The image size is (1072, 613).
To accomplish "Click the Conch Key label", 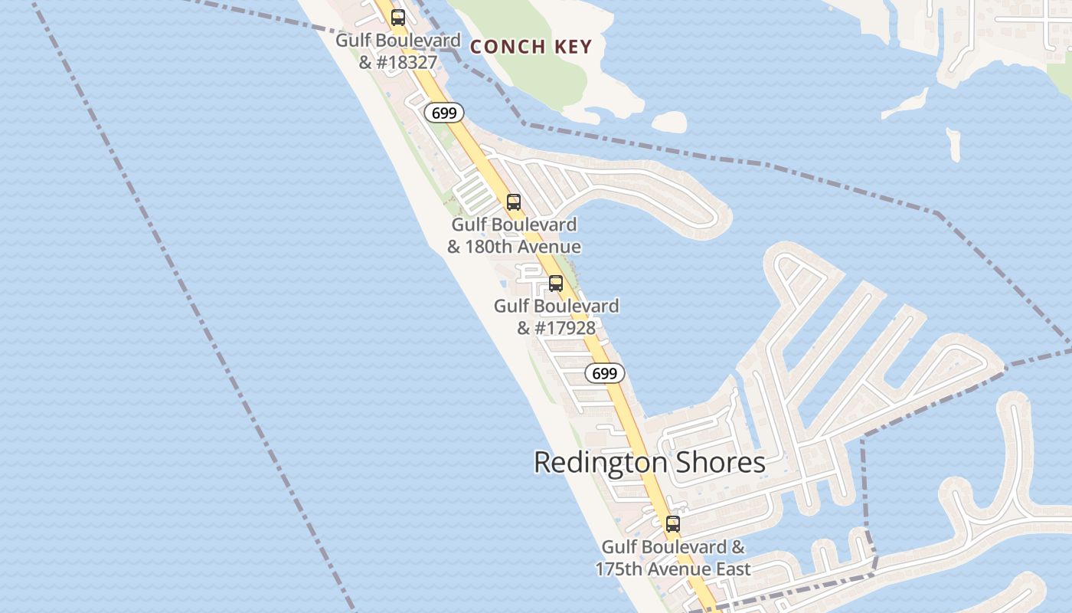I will click(x=531, y=47).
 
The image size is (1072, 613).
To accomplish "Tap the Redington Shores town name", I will click(x=649, y=463).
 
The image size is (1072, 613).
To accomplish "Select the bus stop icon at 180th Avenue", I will click(x=514, y=202).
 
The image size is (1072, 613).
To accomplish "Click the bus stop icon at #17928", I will click(x=556, y=284).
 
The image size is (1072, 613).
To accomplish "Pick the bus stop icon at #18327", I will click(x=398, y=18).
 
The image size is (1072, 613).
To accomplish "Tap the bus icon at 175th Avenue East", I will click(x=672, y=524).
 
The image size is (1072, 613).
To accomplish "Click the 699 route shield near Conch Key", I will click(x=444, y=113).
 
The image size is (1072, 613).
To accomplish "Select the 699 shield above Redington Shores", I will click(x=605, y=373).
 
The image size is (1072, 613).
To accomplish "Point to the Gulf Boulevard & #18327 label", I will click(x=398, y=51).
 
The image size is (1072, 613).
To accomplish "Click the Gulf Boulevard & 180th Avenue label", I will click(x=514, y=236).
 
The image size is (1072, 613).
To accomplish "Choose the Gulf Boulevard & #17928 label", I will click(x=556, y=316).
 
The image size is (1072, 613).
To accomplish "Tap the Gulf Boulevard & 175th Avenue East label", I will click(x=672, y=558).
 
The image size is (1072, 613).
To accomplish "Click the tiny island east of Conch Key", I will click(x=669, y=121).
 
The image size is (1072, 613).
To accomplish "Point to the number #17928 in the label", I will click(x=566, y=328).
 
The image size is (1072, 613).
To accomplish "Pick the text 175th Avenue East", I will click(x=672, y=569).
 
